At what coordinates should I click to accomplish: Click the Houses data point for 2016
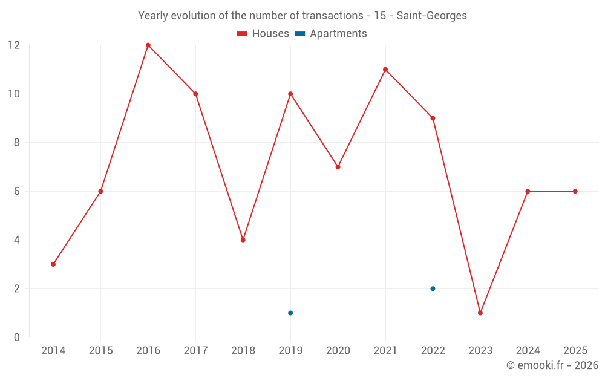coord(148,45)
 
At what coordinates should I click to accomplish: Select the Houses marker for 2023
coord(480,313)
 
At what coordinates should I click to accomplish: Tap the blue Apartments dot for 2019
coord(290,313)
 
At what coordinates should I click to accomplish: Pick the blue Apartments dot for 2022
coord(433,288)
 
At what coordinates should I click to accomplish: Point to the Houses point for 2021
coord(385,70)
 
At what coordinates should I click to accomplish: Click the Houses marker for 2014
coord(53,264)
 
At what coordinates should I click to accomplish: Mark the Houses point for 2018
coord(243,240)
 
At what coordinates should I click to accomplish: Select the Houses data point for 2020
coord(338,167)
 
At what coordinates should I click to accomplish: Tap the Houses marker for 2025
coord(575,191)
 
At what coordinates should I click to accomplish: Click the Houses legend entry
coord(263,34)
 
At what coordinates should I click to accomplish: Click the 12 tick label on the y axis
coord(14,45)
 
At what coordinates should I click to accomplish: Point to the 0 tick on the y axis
coord(17,337)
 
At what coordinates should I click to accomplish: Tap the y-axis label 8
coord(17,143)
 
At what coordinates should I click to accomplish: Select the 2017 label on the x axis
coord(195,351)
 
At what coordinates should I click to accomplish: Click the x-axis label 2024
coord(528,351)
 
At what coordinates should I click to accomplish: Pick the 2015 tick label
coord(100,351)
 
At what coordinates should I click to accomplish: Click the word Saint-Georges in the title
coord(432,16)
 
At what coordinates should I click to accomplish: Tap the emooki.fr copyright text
coord(552,365)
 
